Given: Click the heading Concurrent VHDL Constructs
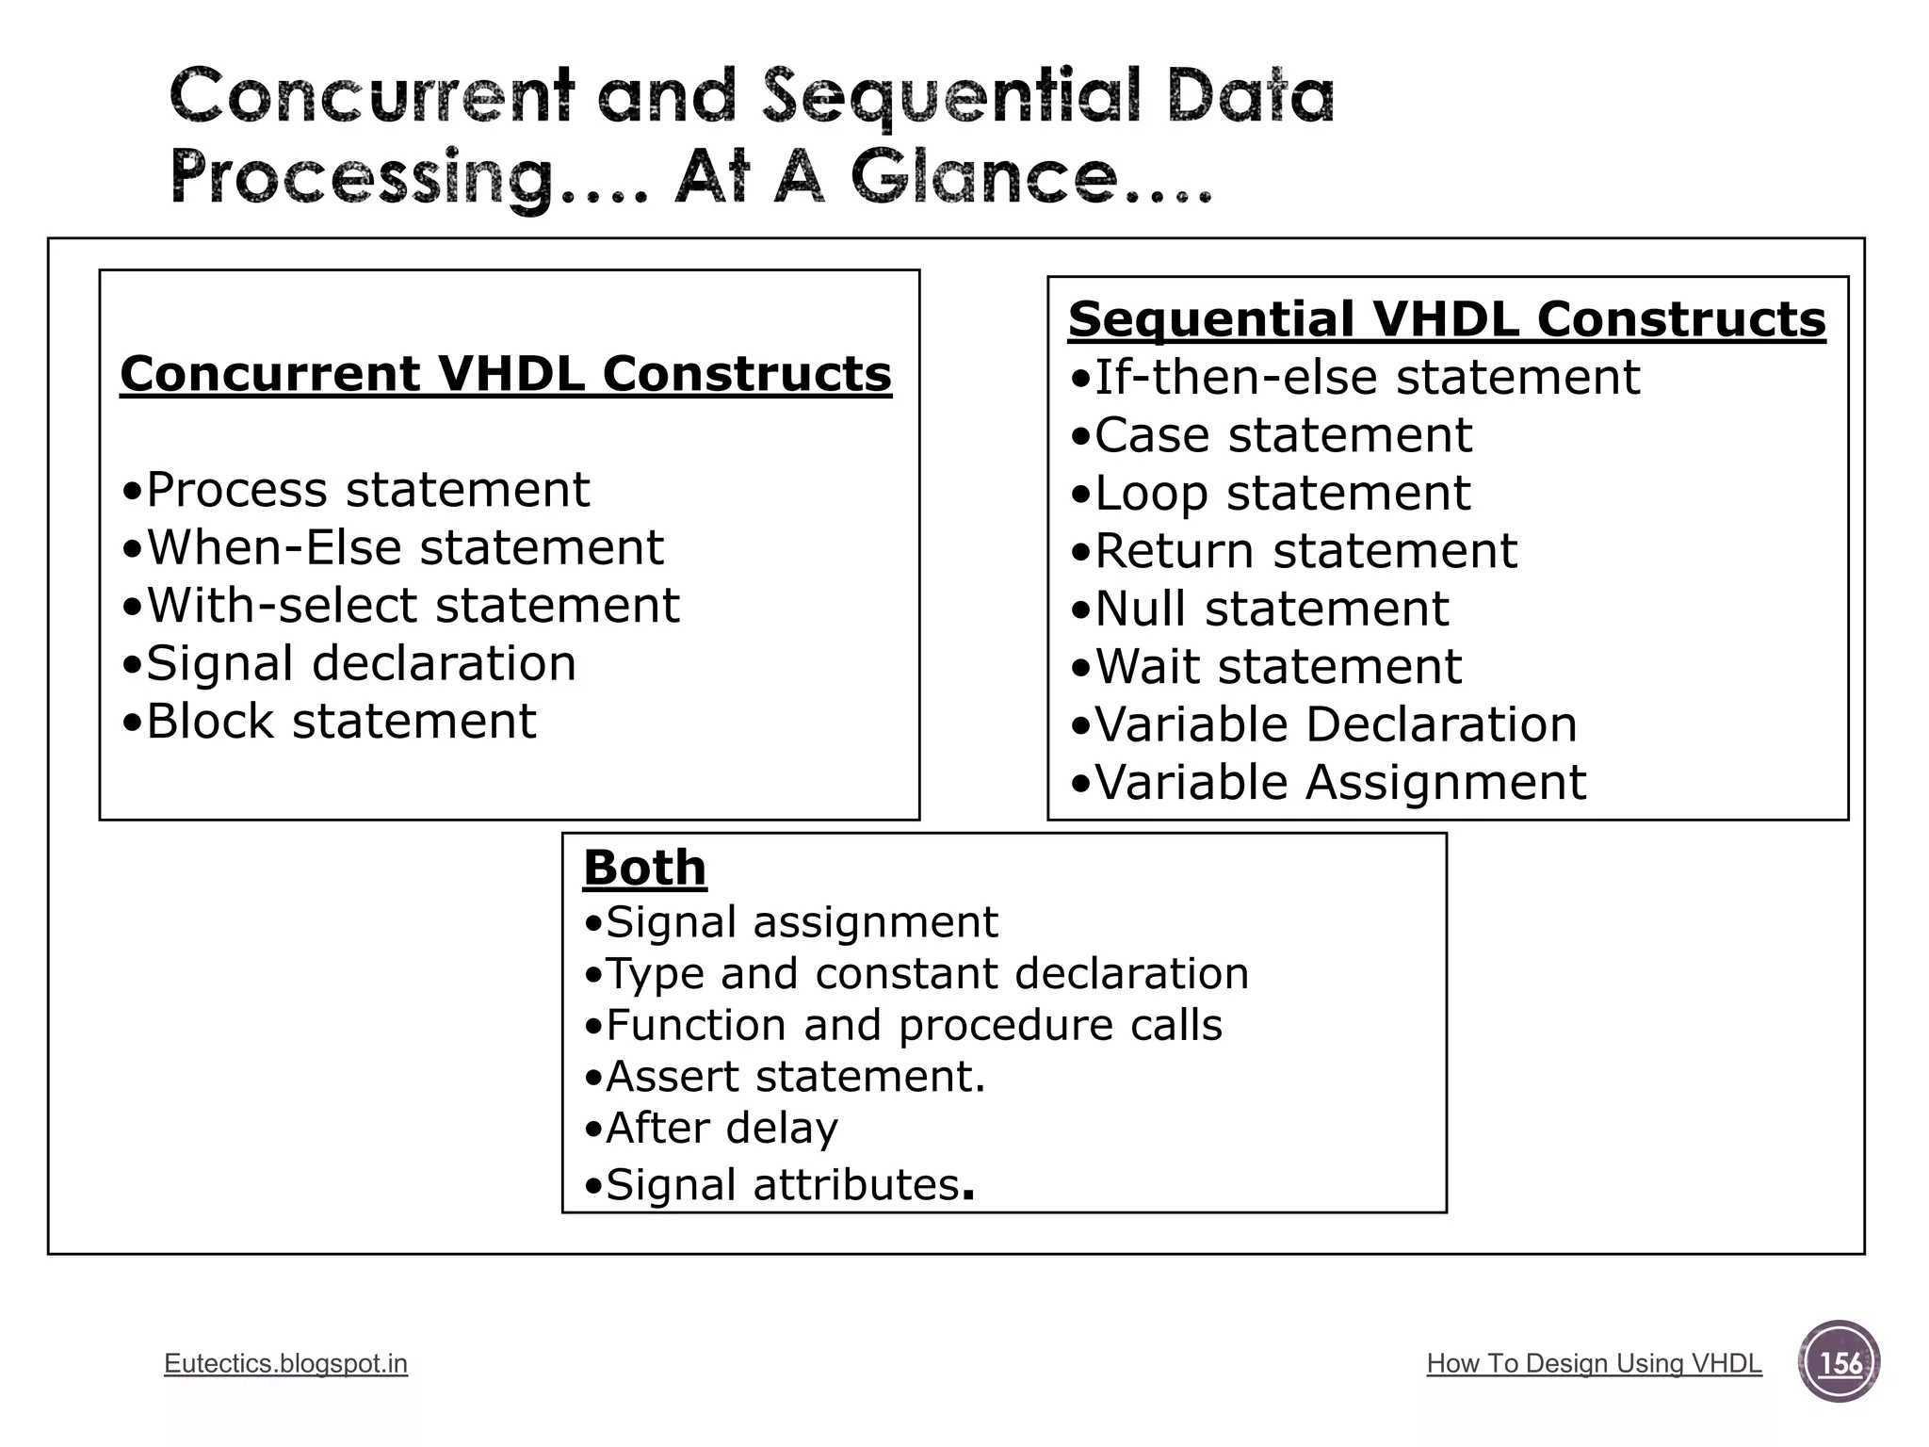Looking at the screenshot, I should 506,374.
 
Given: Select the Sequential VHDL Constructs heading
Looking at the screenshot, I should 1447,319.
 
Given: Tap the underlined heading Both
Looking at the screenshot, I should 644,868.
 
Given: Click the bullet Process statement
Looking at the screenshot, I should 356,490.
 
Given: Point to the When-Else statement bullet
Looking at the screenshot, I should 393,547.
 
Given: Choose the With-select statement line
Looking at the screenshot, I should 400,605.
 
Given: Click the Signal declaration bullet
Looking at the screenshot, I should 349,663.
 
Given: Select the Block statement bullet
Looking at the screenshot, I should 329,722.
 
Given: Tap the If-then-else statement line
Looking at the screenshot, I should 1354,378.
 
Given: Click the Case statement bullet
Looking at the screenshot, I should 1271,435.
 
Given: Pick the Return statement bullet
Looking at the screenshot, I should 1293,551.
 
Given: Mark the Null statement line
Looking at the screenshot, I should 1259,609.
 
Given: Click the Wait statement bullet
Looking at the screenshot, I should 1266,667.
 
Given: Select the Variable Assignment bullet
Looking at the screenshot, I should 1328,783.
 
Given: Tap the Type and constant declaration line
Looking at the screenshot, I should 916,973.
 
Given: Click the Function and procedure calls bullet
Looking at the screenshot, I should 902,1025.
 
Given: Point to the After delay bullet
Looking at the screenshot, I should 710,1128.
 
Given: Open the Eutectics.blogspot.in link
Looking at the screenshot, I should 285,1363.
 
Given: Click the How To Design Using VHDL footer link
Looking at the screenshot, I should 1594,1363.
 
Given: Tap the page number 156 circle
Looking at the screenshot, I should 1839,1362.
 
